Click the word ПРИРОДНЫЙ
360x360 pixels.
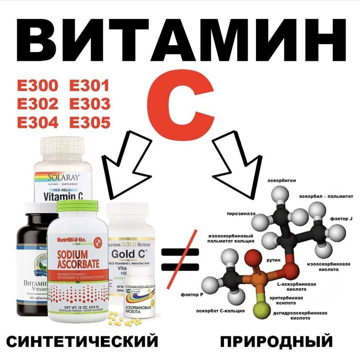tap(277, 341)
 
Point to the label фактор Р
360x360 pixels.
tap(192, 295)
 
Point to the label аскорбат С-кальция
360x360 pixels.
tap(220, 311)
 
